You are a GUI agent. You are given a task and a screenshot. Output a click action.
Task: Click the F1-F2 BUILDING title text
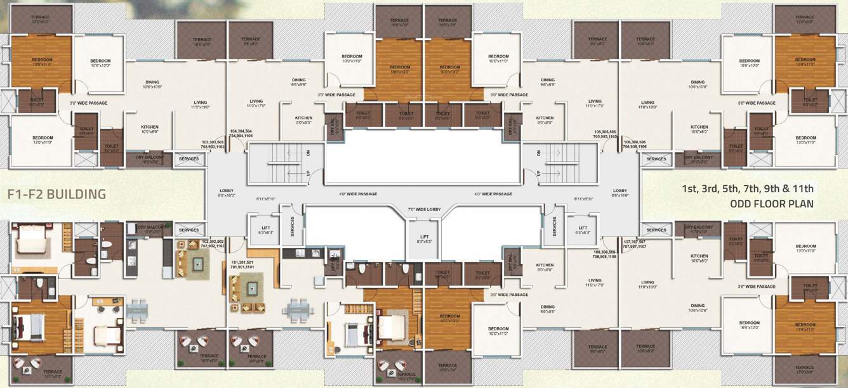(56, 194)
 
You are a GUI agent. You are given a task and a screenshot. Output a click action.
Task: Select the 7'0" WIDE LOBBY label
(423, 209)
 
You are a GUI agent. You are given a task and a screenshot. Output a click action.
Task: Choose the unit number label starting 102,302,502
(212, 244)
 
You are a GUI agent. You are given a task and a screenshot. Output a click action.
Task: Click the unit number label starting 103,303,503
(213, 144)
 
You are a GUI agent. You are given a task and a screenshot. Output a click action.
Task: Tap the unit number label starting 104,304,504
(242, 133)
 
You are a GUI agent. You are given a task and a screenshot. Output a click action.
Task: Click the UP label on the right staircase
(539, 173)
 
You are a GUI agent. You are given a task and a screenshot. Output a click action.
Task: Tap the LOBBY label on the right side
(620, 191)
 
